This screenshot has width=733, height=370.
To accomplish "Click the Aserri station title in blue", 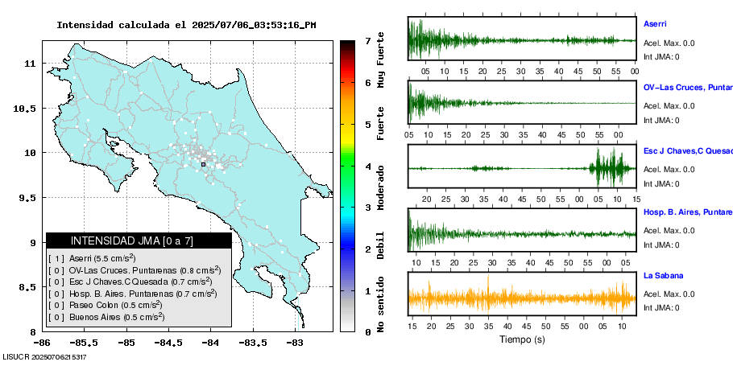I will tap(655, 24).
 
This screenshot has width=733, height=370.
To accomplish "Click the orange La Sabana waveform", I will tap(522, 297).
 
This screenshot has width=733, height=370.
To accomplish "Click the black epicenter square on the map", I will tap(204, 164).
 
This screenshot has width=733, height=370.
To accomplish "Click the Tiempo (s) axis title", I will tap(522, 339).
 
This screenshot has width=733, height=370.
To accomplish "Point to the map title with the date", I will tap(186, 25).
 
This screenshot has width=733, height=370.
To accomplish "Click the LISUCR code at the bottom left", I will tap(44, 356).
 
